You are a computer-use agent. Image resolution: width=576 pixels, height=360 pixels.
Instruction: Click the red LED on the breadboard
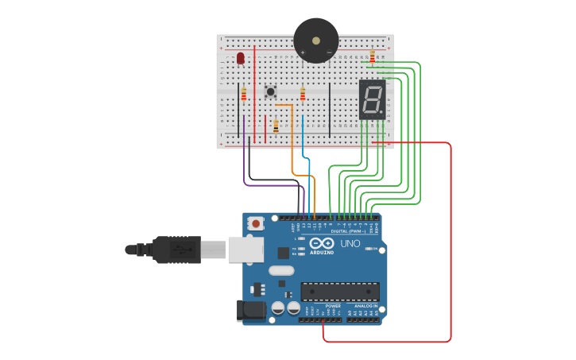241,58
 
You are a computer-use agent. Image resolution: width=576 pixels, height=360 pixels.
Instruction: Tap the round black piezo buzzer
315,40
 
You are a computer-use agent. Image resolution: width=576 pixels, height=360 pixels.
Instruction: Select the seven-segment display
372,99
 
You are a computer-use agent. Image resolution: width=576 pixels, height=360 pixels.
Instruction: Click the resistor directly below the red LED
244,94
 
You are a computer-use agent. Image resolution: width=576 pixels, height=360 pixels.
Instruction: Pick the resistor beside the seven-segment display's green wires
372,56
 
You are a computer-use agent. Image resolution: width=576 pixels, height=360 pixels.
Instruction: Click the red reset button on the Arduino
256,224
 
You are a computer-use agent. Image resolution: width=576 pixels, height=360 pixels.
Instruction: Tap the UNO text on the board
350,243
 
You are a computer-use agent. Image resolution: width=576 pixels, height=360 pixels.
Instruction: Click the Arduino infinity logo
322,243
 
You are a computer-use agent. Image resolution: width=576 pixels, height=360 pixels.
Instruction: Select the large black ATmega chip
339,292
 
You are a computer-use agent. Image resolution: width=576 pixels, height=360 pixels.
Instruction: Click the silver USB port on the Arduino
245,250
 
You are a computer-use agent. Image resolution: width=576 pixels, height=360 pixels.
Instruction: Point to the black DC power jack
253,311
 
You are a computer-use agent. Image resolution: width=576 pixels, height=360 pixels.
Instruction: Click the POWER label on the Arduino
333,305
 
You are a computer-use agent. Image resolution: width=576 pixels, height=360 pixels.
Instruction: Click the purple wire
244,159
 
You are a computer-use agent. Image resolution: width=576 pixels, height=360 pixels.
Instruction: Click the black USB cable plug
176,250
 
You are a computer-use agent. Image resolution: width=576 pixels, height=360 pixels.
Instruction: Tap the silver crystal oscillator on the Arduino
280,270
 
